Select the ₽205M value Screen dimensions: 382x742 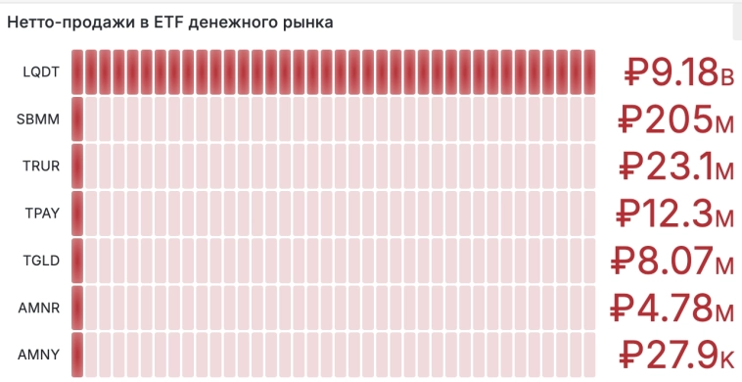pos(676,120)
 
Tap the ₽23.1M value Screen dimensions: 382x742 pos(676,167)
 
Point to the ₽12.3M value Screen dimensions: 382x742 pos(676,215)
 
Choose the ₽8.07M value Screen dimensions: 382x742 pos(672,262)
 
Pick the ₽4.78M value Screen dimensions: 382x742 pos(672,309)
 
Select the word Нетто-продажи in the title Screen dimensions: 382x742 pos(61,22)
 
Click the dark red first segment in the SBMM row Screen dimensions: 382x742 pos(78,119)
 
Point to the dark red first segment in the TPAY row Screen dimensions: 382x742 pos(78,214)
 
